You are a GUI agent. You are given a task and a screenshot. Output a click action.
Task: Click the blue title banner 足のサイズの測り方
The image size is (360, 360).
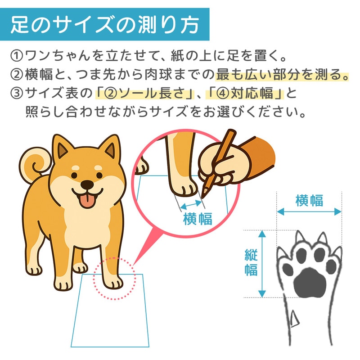(x=104, y=24)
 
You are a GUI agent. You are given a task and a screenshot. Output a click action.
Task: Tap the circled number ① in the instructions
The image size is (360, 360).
(x=17, y=56)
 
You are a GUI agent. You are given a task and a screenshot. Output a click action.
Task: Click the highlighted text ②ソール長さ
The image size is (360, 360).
(x=144, y=94)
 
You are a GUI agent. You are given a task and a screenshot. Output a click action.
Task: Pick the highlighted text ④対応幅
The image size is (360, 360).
(x=245, y=94)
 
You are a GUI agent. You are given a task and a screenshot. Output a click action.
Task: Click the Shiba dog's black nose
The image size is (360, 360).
(x=87, y=184)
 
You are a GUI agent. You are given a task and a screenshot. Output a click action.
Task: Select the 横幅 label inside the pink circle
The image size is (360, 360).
(x=198, y=219)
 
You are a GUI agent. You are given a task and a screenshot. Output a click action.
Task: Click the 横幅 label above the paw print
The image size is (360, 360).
(x=309, y=200)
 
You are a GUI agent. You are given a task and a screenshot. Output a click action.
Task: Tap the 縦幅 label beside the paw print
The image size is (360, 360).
(x=251, y=262)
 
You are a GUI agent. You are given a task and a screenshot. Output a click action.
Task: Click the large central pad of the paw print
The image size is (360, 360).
(x=310, y=282)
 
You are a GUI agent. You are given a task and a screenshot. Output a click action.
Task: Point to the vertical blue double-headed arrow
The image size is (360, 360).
(x=262, y=264)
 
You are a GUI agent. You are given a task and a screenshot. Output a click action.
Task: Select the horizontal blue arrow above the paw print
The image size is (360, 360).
(x=309, y=211)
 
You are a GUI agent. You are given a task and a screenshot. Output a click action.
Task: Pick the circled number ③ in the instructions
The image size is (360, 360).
(x=17, y=94)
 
